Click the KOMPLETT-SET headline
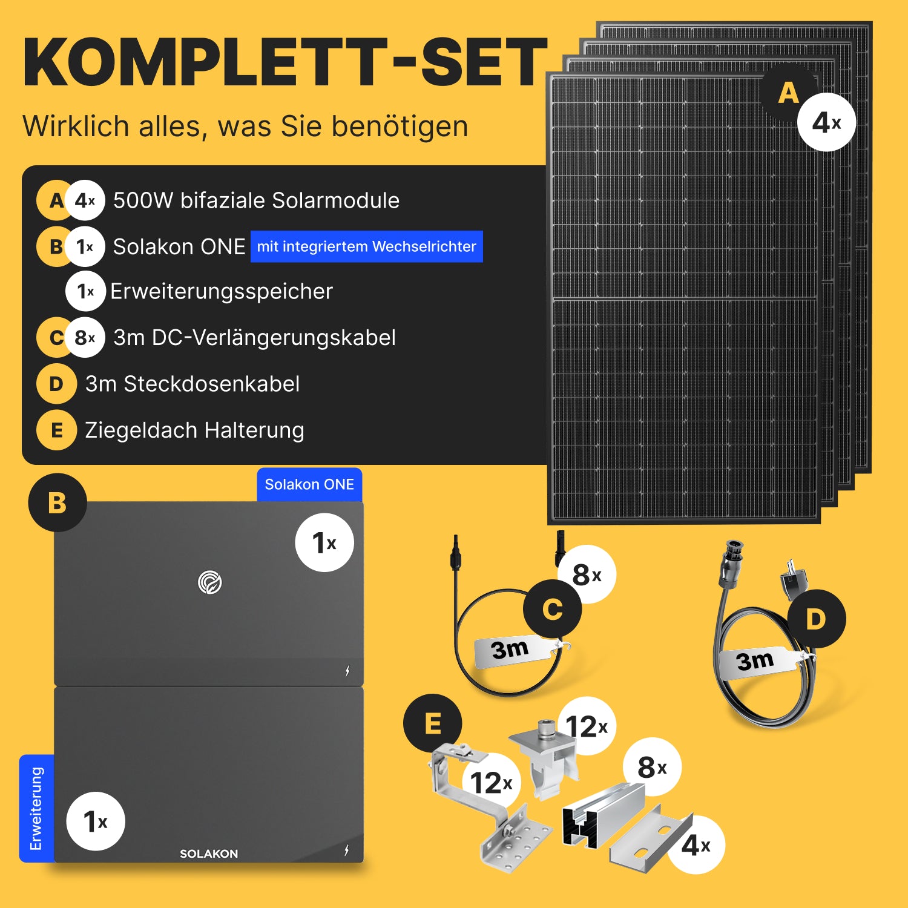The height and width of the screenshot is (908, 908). pyautogui.click(x=285, y=62)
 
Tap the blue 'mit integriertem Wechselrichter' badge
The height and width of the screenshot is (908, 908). pyautogui.click(x=367, y=246)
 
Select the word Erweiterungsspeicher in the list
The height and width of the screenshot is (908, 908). pyautogui.click(x=222, y=291)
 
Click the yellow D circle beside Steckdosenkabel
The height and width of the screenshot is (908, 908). pyautogui.click(x=56, y=384)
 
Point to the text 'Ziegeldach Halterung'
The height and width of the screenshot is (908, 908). pyautogui.click(x=194, y=430)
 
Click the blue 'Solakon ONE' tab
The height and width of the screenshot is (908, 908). pyautogui.click(x=309, y=484)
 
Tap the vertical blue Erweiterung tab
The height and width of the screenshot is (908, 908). pyautogui.click(x=36, y=808)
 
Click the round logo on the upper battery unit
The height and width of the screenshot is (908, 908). pyautogui.click(x=210, y=582)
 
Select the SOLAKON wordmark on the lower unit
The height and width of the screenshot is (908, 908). pyautogui.click(x=209, y=854)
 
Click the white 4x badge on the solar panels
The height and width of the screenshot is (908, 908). pyautogui.click(x=826, y=122)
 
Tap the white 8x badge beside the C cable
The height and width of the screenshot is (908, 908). pyautogui.click(x=587, y=574)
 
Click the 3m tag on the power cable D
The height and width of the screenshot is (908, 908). pyautogui.click(x=759, y=661)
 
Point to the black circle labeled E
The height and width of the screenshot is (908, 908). pyautogui.click(x=433, y=723)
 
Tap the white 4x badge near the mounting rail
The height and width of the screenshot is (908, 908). pyautogui.click(x=696, y=845)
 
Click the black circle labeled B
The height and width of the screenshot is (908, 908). pyautogui.click(x=58, y=502)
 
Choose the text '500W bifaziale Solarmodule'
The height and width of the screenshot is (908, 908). pyautogui.click(x=256, y=200)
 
